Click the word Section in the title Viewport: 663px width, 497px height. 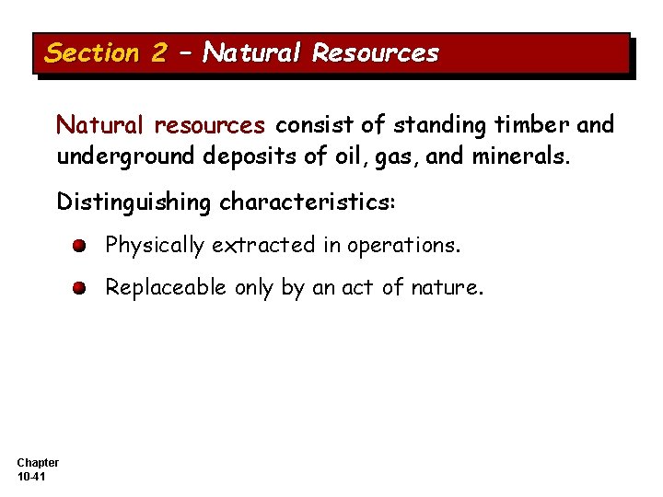[91, 53]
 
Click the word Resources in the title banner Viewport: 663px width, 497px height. [376, 53]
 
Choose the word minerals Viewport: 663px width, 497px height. [520, 156]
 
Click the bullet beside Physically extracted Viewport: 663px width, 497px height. [81, 246]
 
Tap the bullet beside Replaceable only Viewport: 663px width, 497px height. [81, 288]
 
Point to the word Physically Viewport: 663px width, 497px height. [155, 246]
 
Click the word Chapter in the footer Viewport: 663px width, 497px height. [38, 462]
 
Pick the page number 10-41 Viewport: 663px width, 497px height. [33, 476]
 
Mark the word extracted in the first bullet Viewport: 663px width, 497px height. [262, 245]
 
